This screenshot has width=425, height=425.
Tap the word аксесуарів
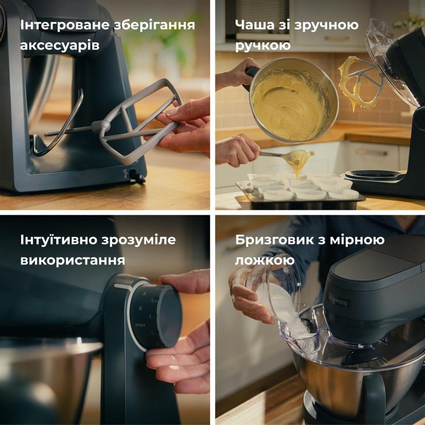[59, 45]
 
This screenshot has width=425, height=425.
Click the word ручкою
[262, 45]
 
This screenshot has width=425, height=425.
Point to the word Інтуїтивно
[59, 240]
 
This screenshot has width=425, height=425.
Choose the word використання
[73, 260]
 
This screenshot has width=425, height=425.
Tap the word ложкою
[265, 260]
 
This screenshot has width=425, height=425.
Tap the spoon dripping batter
[285, 156]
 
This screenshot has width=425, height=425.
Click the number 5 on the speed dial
[144, 294]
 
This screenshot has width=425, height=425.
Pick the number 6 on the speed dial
[140, 308]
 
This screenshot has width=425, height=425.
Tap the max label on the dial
[140, 325]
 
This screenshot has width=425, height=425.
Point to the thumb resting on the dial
[184, 281]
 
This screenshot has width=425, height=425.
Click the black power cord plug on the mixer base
[137, 176]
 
